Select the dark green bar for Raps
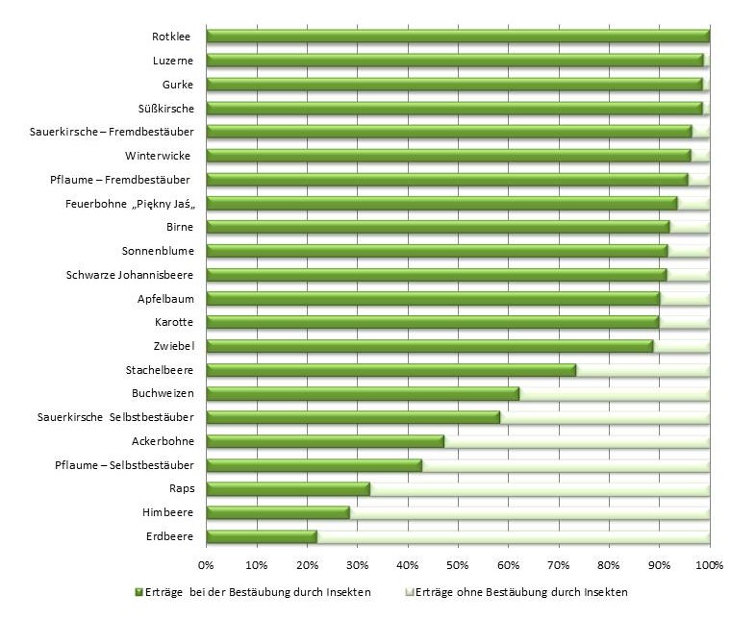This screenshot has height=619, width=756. click(288, 489)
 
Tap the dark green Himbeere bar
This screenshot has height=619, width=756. click(278, 513)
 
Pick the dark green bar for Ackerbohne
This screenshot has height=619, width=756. click(325, 441)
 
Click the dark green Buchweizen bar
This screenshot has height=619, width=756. click(363, 393)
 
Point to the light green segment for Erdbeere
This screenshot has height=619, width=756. click(513, 536)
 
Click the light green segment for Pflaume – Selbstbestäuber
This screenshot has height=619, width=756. click(566, 465)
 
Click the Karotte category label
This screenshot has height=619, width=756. click(174, 322)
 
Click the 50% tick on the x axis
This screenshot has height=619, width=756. click(458, 563)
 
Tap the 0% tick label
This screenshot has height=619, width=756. click(206, 563)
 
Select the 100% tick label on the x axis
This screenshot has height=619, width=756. click(709, 563)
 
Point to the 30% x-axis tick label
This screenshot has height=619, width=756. click(357, 563)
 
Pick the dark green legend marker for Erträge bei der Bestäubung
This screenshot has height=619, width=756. click(139, 590)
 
